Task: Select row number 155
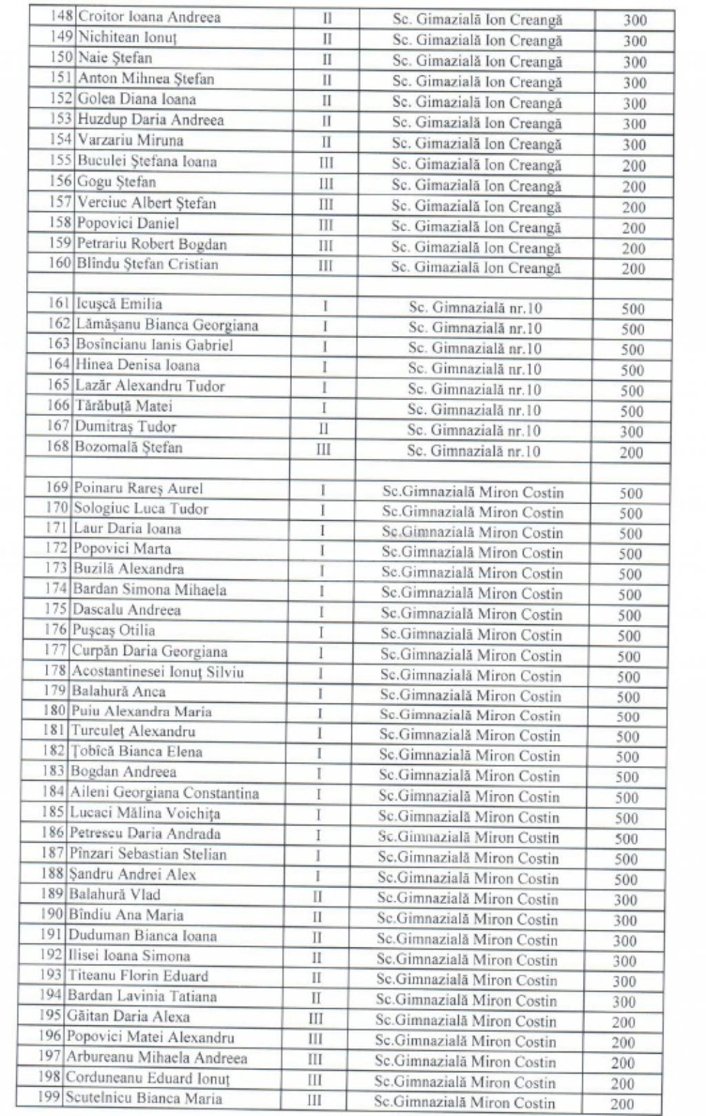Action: tap(61, 160)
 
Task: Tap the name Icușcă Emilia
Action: tap(119, 304)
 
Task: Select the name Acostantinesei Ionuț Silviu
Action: tap(158, 671)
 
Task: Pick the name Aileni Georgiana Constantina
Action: tap(164, 793)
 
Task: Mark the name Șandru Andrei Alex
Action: tap(133, 874)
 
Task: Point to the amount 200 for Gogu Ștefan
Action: tap(634, 187)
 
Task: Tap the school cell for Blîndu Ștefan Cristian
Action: tap(475, 267)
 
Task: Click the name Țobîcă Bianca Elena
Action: tap(136, 751)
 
